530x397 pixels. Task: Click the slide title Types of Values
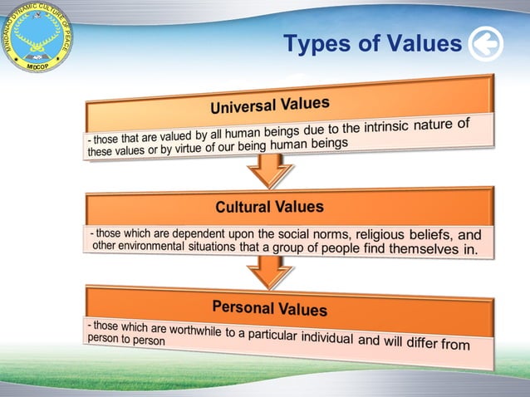(x=371, y=43)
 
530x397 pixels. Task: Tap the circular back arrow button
(x=485, y=44)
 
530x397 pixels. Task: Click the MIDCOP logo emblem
(x=36, y=36)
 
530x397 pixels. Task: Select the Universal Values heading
(x=269, y=105)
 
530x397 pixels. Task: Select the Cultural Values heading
(x=269, y=206)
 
